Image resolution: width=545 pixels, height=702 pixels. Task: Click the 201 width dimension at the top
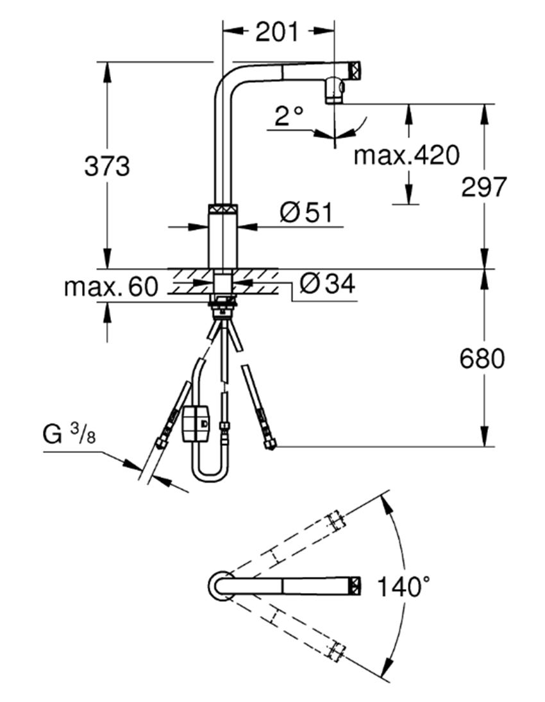[277, 31]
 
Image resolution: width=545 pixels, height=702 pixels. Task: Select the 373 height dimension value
[107, 167]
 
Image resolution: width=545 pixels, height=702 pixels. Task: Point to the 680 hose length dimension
[482, 359]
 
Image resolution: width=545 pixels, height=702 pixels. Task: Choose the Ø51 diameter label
[306, 212]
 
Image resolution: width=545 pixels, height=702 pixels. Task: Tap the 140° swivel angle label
[403, 586]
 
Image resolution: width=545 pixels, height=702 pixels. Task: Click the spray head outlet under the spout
[334, 91]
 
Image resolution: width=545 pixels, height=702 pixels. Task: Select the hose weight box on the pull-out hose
[196, 424]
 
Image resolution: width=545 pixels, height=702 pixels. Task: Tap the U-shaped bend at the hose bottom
[209, 474]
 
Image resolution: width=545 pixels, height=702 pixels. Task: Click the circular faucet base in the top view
[220, 585]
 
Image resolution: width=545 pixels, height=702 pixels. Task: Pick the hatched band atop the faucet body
[223, 209]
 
